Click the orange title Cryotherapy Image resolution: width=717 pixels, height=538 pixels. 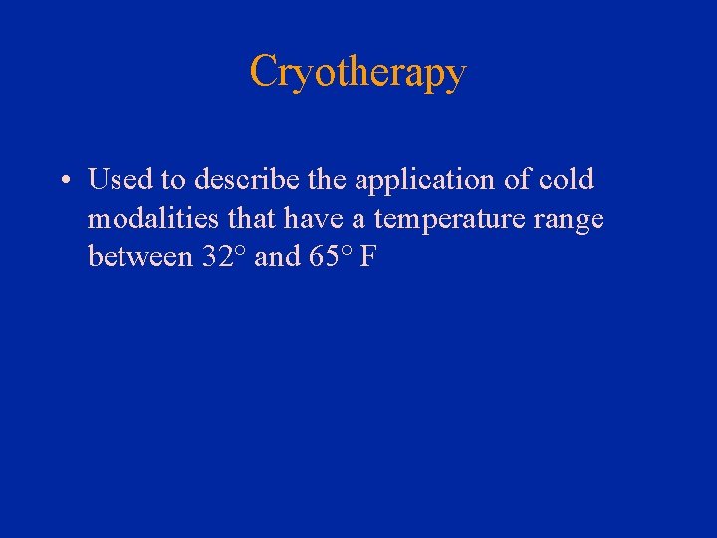coord(358,72)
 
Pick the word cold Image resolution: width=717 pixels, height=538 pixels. coord(565,180)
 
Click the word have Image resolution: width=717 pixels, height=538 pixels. coord(329,218)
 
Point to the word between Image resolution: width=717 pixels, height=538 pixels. coord(139,256)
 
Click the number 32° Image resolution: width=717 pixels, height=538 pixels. coord(223,256)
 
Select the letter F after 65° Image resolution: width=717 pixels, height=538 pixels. coord(368,256)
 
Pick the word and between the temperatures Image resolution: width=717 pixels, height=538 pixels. coord(277,256)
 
